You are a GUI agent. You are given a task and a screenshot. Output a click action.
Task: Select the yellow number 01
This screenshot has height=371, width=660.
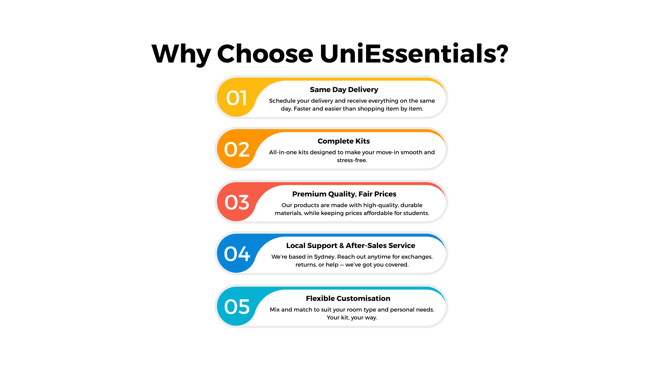point(236,98)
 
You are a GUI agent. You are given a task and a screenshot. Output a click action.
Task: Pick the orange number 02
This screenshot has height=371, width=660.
point(236,149)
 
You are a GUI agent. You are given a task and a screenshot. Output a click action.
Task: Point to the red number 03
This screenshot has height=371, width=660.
point(236,202)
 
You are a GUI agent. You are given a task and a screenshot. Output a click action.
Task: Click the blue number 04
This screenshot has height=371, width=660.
point(236,254)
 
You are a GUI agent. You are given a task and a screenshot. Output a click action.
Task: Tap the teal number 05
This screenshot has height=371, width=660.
point(236,307)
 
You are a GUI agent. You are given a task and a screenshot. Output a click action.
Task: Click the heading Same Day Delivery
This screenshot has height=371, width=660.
point(344,90)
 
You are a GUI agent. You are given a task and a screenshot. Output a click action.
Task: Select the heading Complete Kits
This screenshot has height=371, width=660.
point(344,141)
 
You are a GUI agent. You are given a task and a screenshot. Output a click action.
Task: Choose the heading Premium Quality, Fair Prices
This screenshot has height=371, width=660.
point(344,194)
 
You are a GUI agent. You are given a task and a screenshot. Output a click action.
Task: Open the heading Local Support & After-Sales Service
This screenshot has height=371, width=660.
point(351,246)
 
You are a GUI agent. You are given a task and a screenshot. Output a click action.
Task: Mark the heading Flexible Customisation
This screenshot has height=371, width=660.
point(348,299)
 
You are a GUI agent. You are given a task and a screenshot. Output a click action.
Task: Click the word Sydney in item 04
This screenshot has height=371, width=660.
point(324,257)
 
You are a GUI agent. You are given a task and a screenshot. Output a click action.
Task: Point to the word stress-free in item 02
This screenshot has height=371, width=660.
point(352,160)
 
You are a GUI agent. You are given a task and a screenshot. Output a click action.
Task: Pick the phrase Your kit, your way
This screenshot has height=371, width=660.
point(352,318)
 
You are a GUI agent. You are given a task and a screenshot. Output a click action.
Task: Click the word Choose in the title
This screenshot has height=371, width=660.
point(265,54)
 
